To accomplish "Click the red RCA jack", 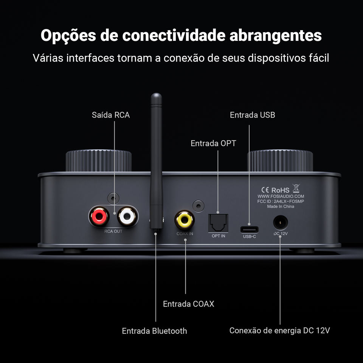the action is [x=99, y=216].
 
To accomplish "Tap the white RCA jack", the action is [x=126, y=216].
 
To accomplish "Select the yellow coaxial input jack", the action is [x=185, y=219].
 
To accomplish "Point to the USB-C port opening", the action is [x=249, y=229].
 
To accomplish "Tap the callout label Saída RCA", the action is [x=111, y=115].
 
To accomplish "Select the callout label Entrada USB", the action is [x=252, y=115].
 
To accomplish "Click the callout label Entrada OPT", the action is [x=213, y=143].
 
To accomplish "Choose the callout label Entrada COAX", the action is [x=188, y=304].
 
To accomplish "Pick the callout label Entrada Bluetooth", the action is [x=154, y=331].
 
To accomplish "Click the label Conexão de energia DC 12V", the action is [x=280, y=330].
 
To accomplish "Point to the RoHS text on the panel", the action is [x=280, y=190].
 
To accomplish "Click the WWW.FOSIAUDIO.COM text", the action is [x=281, y=197].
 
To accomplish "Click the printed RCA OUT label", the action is [x=113, y=231].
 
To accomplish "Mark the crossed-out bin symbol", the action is [x=296, y=189].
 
